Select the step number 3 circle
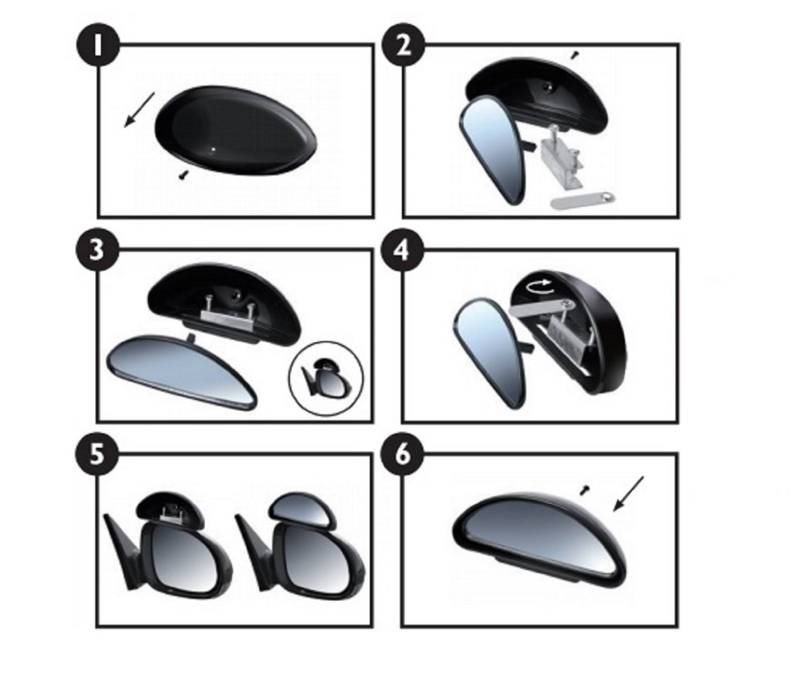coord(97,252)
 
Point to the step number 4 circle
coord(403,252)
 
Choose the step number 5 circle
coord(97,454)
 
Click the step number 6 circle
coord(403,454)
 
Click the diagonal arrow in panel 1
coord(139,109)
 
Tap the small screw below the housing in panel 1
coord(183,175)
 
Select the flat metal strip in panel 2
coord(583,200)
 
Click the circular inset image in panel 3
coord(326,378)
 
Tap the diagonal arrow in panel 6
coord(628,494)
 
